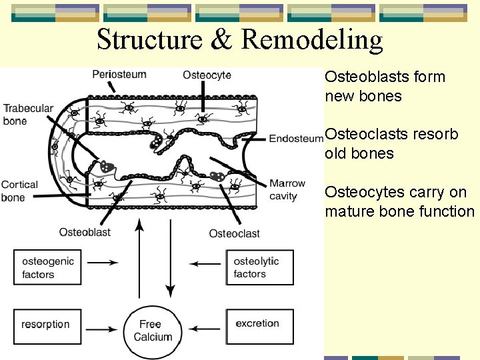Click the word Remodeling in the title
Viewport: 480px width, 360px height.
[x=312, y=40]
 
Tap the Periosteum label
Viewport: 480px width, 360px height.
[x=119, y=74]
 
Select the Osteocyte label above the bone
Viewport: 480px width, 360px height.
[x=207, y=75]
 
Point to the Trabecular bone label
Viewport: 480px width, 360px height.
[x=28, y=115]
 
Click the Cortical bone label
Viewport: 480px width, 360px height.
[x=19, y=191]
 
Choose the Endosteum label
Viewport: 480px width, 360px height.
[x=295, y=139]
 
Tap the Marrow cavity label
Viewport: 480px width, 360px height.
[x=287, y=189]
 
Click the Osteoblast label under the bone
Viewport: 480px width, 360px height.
[x=85, y=232]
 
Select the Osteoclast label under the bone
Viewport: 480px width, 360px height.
[x=234, y=233]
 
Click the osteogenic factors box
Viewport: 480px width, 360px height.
[x=47, y=267]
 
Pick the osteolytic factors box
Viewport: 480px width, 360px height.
[x=259, y=267]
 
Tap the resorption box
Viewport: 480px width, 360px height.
[x=47, y=325]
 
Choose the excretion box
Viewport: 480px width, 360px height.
[x=259, y=325]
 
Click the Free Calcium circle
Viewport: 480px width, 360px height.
[x=153, y=331]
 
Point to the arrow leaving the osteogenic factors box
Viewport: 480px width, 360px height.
[x=103, y=263]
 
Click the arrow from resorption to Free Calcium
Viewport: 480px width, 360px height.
[x=103, y=329]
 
